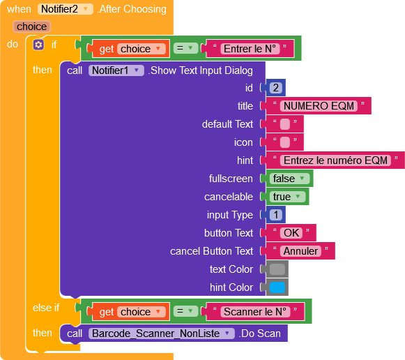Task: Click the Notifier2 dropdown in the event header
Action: tap(65, 9)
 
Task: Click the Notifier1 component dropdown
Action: tap(116, 70)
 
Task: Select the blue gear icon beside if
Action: tap(38, 45)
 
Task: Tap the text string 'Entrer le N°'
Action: tap(250, 49)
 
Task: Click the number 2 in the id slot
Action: tap(275, 88)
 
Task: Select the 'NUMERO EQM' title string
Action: tap(319, 106)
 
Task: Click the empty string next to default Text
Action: tap(285, 124)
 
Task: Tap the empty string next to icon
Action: tap(285, 142)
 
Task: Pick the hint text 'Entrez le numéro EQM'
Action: tap(335, 160)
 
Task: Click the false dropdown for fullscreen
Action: tap(289, 179)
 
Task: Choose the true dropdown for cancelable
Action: tap(287, 197)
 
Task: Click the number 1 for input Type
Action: tap(275, 215)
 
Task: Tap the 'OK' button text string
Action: tap(291, 233)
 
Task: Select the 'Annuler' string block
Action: tap(300, 251)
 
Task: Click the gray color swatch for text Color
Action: tap(277, 269)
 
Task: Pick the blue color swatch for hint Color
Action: tap(277, 287)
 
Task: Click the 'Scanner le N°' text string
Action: tap(255, 312)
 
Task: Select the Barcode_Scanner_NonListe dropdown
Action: tap(162, 333)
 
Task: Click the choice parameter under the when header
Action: tap(32, 27)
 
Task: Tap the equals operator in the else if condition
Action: tap(185, 311)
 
